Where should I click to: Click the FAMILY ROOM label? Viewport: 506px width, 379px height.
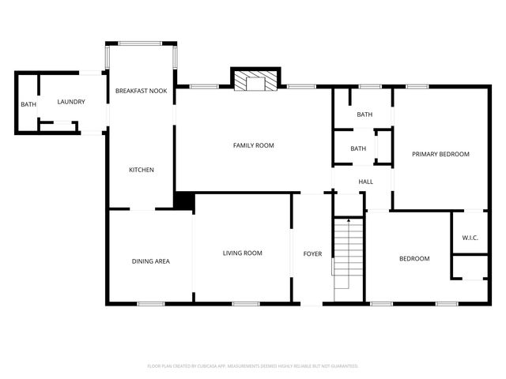pos(253,145)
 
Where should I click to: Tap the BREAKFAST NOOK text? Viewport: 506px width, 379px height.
pos(142,92)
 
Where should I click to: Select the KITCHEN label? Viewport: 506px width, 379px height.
pos(142,170)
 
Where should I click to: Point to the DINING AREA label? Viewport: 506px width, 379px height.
pos(150,261)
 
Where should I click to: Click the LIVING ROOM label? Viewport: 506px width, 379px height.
pos(242,253)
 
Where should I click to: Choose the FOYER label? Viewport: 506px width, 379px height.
pos(313,253)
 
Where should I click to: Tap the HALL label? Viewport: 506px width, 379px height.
pos(365,182)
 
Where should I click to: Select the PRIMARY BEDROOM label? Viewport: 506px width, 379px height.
pos(440,154)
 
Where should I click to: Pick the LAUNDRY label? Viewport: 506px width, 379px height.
pos(71,102)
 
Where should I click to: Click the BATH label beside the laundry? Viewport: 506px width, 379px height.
pos(28,104)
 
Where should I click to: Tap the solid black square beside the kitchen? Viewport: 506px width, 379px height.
pos(184,201)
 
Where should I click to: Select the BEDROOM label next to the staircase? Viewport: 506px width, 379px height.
pos(413,259)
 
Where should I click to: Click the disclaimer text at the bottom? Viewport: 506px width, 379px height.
pos(253,366)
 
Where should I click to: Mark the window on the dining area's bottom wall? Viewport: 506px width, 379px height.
pos(151,304)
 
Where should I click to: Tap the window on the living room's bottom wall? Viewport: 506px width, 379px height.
pos(246,304)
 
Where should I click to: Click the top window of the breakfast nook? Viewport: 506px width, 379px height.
pos(142,43)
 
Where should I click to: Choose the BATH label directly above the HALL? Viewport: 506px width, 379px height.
pos(358,148)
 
